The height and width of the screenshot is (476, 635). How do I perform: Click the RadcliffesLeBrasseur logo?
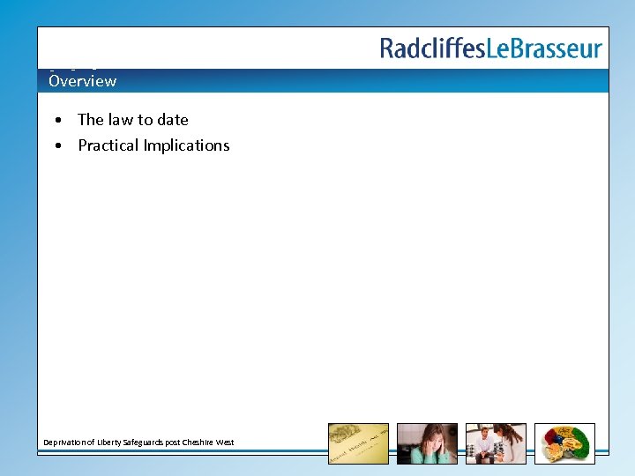pos(491,48)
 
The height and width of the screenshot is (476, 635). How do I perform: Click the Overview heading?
pos(82,81)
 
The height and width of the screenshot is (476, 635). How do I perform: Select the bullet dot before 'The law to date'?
pos(56,120)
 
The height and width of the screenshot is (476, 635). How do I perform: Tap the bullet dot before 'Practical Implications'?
pos(56,145)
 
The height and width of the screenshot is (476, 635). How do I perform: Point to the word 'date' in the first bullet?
pos(172,120)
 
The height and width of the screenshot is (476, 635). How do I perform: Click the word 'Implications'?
pos(188,145)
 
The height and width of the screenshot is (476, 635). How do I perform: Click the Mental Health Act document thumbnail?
pos(358,443)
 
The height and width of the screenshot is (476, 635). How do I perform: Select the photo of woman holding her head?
pos(427,443)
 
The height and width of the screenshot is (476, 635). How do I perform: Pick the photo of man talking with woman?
pos(496,443)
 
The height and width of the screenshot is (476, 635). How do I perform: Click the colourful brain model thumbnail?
pos(564,443)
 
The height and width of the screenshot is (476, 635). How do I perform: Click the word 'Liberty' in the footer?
pos(108,443)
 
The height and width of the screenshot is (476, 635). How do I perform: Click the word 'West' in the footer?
pos(225,443)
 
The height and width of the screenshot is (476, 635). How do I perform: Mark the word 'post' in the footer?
pos(172,443)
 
